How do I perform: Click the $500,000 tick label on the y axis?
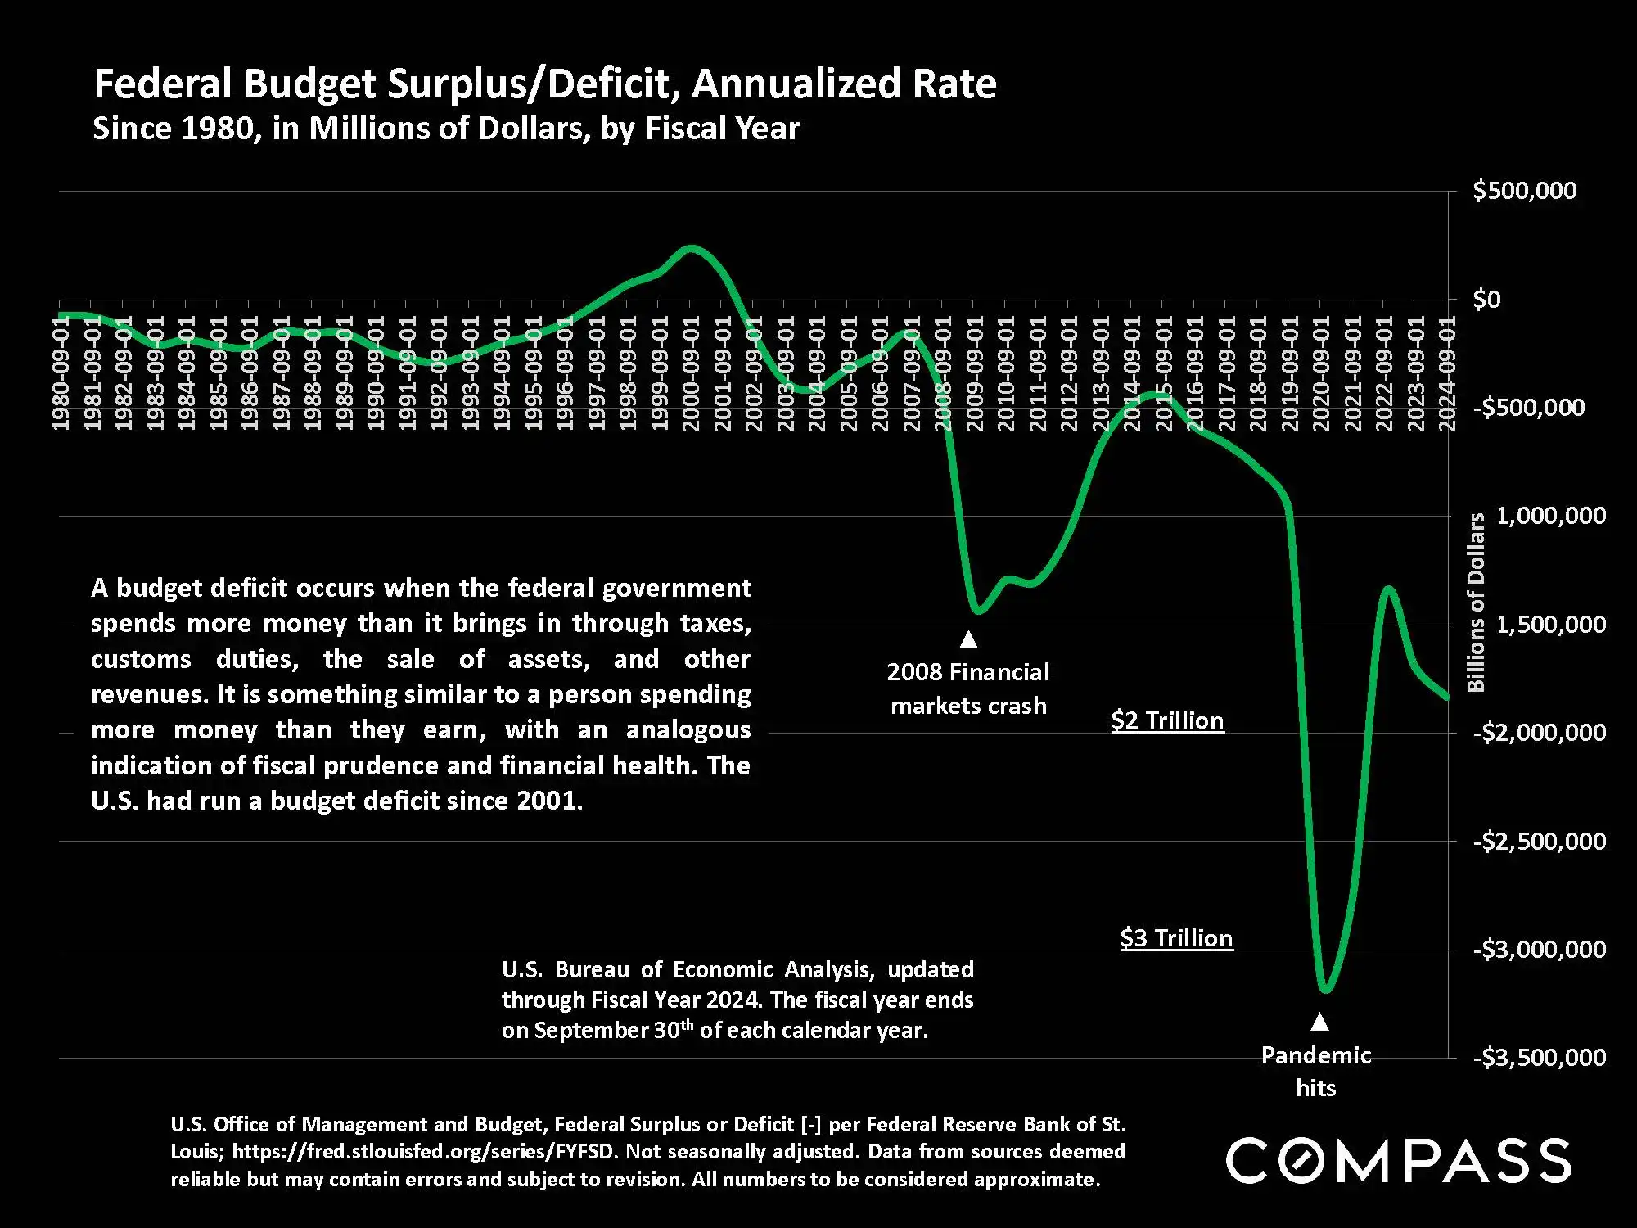tap(1524, 191)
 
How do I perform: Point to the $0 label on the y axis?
tap(1486, 300)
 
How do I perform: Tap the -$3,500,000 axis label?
tap(1539, 1058)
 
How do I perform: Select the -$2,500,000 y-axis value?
tap(1539, 841)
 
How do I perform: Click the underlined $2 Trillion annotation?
tap(1167, 720)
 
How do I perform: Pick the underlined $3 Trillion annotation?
tap(1176, 938)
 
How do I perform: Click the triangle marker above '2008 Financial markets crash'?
tap(968, 639)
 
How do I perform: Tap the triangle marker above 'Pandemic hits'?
tap(1319, 1022)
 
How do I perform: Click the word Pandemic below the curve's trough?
tap(1315, 1055)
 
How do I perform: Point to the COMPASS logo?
tap(1398, 1160)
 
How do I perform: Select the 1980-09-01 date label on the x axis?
tap(61, 372)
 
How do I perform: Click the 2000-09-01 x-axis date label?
tap(690, 372)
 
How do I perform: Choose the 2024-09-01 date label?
tap(1446, 372)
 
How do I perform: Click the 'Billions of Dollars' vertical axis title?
tap(1476, 602)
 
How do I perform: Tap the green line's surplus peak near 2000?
tap(691, 248)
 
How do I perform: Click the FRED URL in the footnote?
tap(423, 1152)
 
